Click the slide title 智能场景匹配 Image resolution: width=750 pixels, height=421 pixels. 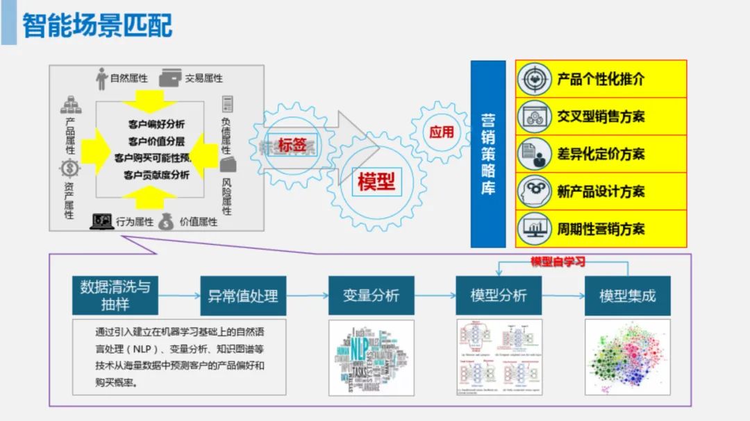[98, 26]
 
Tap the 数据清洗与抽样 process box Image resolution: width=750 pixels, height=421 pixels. [115, 295]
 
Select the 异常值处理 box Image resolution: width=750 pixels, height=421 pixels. [243, 295]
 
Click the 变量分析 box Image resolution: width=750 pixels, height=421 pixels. [371, 295]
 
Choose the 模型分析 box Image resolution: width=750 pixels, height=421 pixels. [499, 295]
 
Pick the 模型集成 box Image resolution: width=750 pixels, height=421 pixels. [627, 295]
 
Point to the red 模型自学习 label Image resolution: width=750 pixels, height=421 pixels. [558, 262]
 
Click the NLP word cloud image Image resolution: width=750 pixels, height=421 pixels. [371, 357]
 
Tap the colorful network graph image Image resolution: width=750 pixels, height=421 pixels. [627, 357]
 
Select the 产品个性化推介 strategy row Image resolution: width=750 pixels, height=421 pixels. [601, 79]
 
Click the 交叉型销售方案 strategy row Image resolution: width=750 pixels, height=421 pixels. [601, 117]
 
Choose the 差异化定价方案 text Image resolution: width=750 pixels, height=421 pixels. [601, 154]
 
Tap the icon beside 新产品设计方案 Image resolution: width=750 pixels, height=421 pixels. [533, 191]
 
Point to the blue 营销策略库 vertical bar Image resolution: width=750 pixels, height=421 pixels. [487, 154]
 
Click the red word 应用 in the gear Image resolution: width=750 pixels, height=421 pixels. [442, 132]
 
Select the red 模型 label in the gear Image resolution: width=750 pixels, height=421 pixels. [376, 181]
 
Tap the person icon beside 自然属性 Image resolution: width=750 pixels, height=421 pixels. [101, 78]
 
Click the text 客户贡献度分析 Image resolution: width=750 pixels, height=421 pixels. [156, 175]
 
